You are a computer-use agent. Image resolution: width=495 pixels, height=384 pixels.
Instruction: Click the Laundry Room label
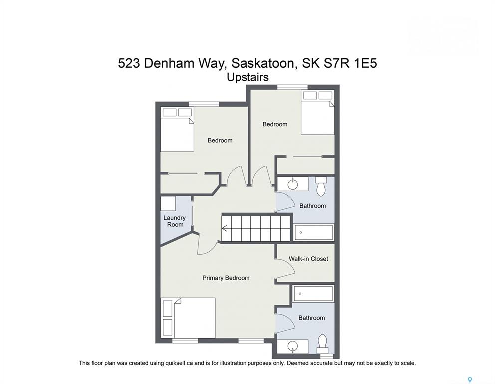coord(174,221)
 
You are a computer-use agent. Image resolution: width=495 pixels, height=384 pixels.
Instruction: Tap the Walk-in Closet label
coord(308,259)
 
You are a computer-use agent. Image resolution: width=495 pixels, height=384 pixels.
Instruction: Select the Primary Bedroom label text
coord(226,278)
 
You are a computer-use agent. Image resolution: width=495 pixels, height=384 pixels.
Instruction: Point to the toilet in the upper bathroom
coord(321,186)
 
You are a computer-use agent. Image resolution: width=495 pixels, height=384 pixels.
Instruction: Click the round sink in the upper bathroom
coord(293,184)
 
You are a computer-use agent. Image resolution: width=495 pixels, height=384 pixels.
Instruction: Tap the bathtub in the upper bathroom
coord(313,233)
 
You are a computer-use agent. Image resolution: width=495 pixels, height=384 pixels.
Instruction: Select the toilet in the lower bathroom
coord(322,344)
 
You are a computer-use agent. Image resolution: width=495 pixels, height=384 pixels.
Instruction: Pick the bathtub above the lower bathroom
coord(313,294)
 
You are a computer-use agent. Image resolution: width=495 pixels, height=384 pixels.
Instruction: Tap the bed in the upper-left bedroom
coord(177,129)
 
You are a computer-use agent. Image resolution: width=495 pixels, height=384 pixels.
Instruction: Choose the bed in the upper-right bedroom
coord(317,113)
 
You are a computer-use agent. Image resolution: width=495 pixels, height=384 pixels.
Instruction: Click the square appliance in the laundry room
coord(168,204)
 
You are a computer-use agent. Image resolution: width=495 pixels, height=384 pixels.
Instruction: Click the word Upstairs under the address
coord(248,77)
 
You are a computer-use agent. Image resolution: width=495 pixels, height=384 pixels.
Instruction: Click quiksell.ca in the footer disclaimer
coord(179,363)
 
